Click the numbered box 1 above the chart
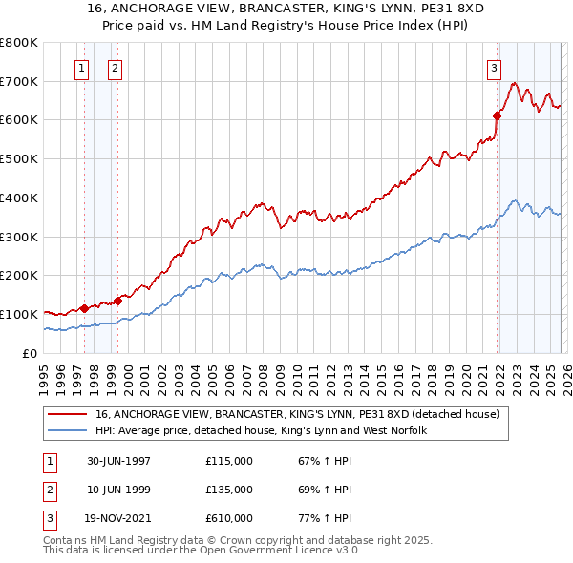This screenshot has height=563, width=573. pos(81,68)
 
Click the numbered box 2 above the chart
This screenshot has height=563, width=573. pos(114,68)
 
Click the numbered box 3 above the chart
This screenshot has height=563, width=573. pos(494,68)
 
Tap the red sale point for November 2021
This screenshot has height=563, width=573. pos(497,115)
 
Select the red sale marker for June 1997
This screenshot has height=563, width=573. pos(84,308)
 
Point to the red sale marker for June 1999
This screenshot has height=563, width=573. pos(117,301)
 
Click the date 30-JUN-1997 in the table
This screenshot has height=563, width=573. pos(119,461)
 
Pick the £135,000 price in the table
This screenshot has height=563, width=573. pos(229,490)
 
